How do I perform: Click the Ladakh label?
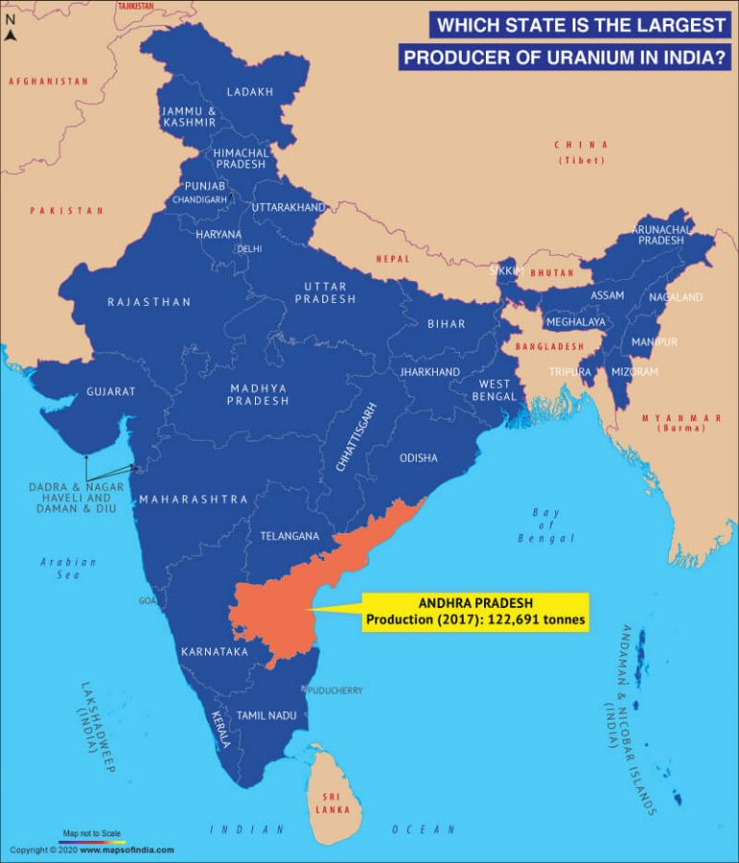(x=249, y=91)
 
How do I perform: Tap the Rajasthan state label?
(x=149, y=302)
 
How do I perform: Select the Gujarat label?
(x=111, y=392)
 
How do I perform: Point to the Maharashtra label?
(x=193, y=499)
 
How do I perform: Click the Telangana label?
(x=289, y=536)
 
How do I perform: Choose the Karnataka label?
(x=215, y=652)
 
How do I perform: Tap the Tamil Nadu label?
(x=267, y=715)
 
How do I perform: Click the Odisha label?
(x=419, y=458)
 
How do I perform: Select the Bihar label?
(x=446, y=324)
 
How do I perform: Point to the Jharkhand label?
(x=430, y=370)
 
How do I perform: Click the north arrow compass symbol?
(x=10, y=36)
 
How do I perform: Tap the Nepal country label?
(x=393, y=259)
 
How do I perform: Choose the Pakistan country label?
(x=65, y=210)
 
